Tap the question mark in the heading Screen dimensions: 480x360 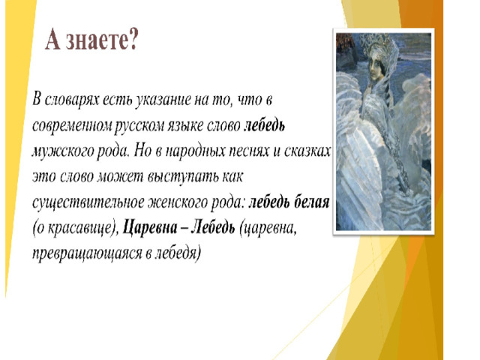click(x=133, y=39)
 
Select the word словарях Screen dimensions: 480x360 click(x=72, y=100)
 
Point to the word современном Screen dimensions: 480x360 click(x=72, y=126)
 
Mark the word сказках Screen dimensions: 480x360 click(x=307, y=151)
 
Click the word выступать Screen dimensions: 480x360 click(x=183, y=177)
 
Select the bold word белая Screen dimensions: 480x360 click(x=311, y=202)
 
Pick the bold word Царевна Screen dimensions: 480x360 click(x=150, y=229)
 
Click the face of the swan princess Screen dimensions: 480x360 click(x=375, y=67)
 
